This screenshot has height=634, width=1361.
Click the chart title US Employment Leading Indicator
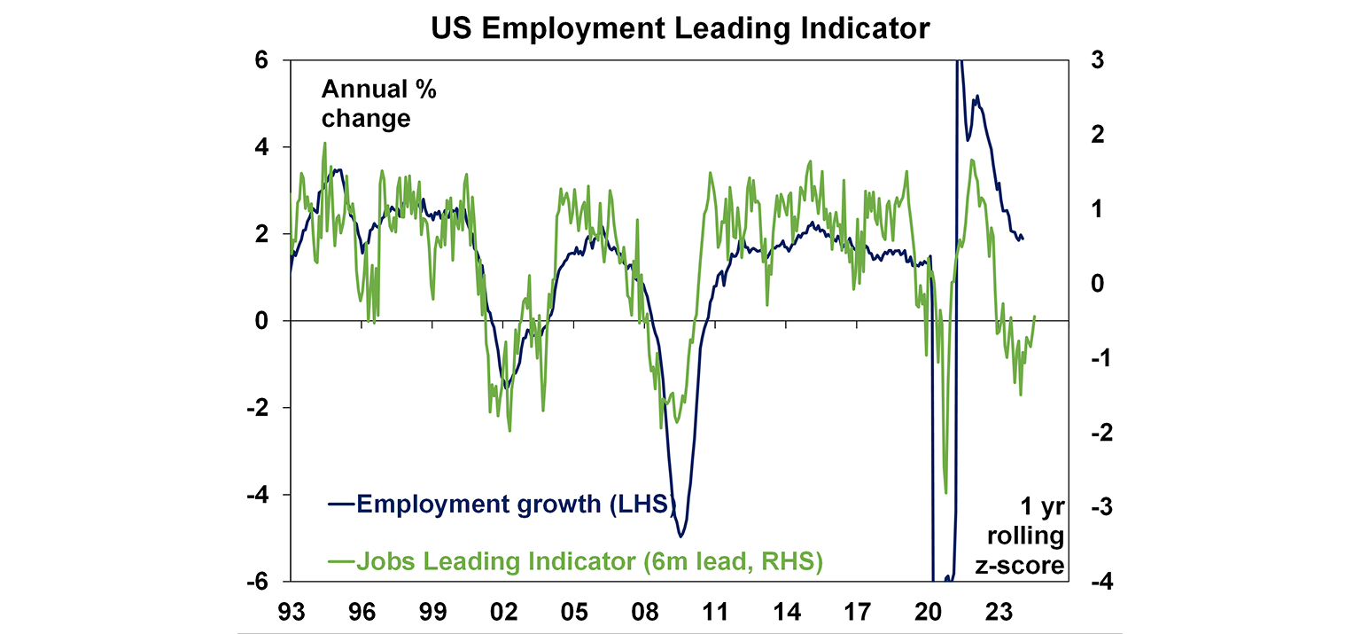pos(680,28)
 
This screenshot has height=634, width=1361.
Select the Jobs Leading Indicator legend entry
pos(576,561)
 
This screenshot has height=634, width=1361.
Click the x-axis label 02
pos(503,611)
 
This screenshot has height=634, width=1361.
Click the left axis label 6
pos(263,60)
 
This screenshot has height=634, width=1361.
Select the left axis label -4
pos(259,495)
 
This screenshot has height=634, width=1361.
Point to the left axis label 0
pos(263,321)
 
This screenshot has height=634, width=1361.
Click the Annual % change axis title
pos(378,104)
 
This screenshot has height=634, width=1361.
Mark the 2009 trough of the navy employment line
pos(680,536)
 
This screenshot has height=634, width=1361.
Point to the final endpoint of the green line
pos(1035,317)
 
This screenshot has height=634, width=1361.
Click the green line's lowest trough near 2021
pos(946,493)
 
